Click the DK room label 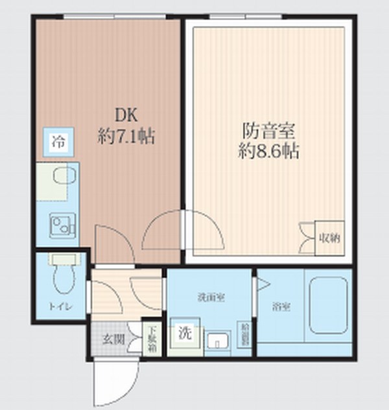point(126,115)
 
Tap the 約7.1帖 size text point(126,137)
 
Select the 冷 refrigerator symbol point(58,142)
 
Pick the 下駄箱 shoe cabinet point(150,338)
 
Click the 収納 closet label point(330,238)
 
